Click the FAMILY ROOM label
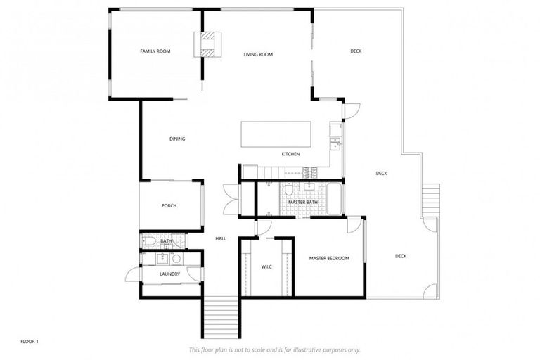[155, 51]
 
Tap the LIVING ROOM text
[258, 54]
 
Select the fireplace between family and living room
[207, 44]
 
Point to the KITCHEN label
[291, 154]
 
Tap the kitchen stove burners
[310, 171]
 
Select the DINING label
[177, 139]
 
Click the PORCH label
[169, 205]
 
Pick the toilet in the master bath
[289, 192]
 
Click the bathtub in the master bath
[334, 198]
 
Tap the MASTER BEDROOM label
[329, 259]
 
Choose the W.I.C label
[266, 266]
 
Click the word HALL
[221, 239]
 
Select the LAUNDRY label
[169, 274]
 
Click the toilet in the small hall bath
[149, 241]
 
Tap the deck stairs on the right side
[430, 200]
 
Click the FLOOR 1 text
[29, 342]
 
